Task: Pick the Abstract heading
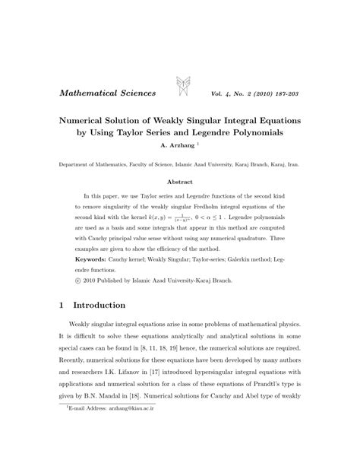click(179, 182)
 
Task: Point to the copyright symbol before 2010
click(78, 281)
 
